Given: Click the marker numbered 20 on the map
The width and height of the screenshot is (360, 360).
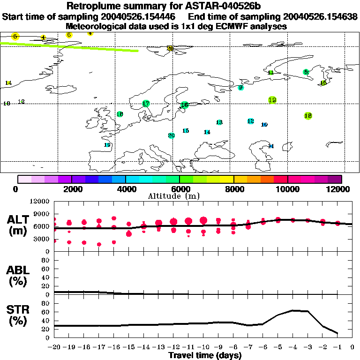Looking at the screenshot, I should (171, 135).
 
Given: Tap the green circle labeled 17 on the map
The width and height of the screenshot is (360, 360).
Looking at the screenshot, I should (146, 104).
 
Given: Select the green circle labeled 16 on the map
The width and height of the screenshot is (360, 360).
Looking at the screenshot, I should (184, 105).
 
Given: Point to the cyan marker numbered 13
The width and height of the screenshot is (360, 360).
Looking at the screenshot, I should (219, 122).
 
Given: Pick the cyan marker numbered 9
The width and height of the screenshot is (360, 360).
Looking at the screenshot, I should (240, 88).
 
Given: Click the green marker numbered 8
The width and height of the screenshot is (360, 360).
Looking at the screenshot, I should (306, 72).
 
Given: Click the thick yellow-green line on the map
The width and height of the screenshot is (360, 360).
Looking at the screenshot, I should (70, 47).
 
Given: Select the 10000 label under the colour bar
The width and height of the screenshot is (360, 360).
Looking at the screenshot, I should (288, 189).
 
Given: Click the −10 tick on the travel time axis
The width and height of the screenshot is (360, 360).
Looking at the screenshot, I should (203, 348).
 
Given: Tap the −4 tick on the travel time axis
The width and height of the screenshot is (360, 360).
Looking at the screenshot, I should (292, 348).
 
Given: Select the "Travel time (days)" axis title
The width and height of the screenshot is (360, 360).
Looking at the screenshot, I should (205, 355).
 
